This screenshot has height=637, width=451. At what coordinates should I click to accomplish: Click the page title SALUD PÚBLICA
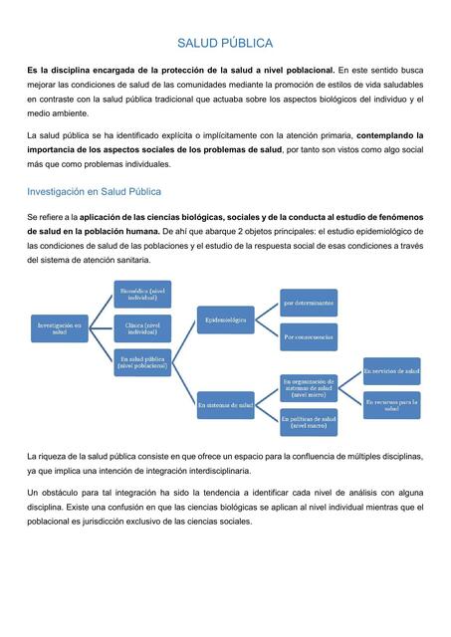[225, 44]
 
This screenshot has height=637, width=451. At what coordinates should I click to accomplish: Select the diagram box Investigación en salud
[59, 327]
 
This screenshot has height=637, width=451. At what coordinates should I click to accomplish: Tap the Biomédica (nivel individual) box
[142, 295]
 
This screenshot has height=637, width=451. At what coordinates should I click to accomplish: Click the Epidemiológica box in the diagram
[225, 320]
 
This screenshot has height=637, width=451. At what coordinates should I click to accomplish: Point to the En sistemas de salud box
[225, 405]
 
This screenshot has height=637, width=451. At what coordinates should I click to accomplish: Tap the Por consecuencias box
[308, 337]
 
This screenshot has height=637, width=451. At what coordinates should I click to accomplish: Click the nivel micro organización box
[308, 387]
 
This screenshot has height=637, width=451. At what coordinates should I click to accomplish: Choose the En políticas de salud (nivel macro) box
[308, 422]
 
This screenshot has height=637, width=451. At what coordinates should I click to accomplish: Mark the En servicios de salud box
[391, 370]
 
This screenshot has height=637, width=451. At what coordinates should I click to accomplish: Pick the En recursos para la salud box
[391, 405]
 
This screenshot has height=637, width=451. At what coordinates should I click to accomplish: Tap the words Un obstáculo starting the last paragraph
[57, 493]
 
